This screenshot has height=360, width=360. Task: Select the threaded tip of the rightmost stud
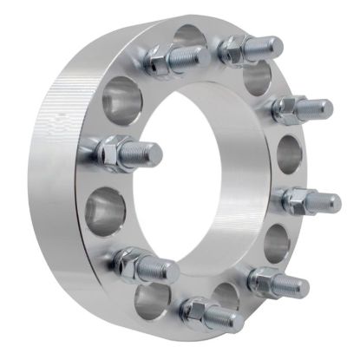click(331, 202)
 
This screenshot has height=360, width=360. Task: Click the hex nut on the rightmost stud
click(295, 200)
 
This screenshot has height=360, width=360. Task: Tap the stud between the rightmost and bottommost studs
click(276, 282)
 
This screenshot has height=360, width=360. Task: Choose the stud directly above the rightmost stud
click(300, 109)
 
